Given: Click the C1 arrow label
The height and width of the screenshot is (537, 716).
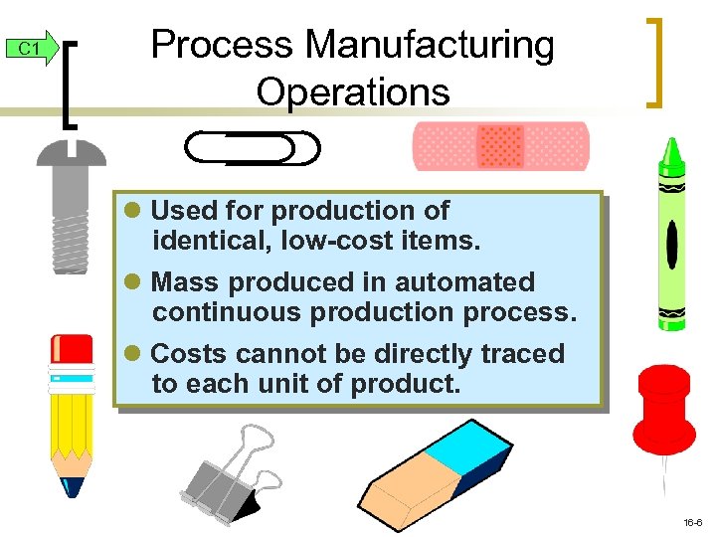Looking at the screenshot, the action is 31,49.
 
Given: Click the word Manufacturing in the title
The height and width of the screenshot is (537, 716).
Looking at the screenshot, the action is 430,45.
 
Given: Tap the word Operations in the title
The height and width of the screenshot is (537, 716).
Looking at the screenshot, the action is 352,91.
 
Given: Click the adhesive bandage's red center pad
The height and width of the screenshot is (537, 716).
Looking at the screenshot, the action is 500,147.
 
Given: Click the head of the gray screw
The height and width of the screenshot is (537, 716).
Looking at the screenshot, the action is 71,152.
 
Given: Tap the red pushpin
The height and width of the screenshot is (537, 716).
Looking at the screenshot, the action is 664,408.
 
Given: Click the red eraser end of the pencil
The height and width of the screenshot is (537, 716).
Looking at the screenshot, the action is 72,349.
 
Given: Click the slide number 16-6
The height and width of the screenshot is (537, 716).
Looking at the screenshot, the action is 693,522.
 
